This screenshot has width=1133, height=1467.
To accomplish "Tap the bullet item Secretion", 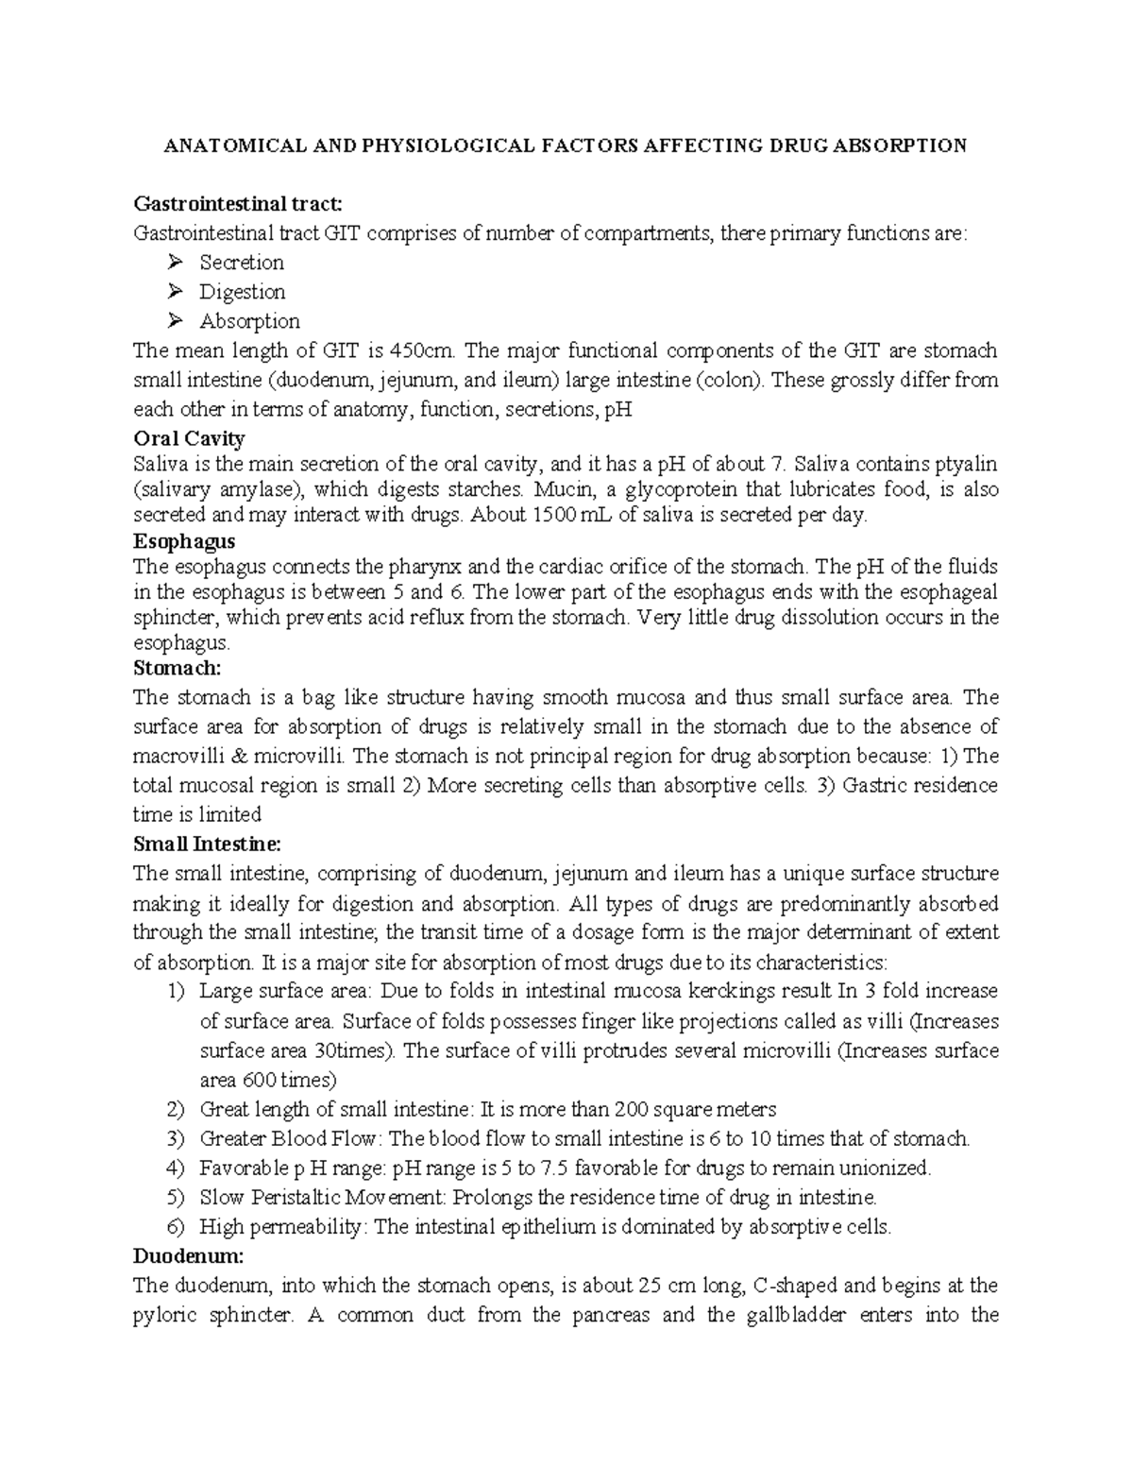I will click(x=241, y=263).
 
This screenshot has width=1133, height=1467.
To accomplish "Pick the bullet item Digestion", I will click(x=242, y=292).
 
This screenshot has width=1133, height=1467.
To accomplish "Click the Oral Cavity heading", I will click(x=189, y=438).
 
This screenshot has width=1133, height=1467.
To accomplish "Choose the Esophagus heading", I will click(x=184, y=541).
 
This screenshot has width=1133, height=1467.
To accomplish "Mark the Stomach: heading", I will click(x=177, y=669).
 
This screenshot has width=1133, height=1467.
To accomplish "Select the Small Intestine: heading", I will click(x=208, y=844).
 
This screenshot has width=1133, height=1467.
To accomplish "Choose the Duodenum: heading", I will click(x=188, y=1256).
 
